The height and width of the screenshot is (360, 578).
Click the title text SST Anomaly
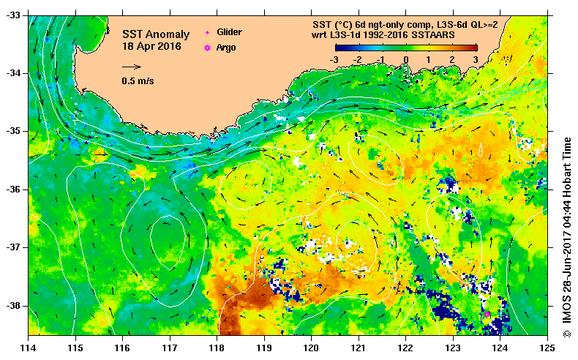[155, 34]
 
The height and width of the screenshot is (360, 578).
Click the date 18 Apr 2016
[153, 47]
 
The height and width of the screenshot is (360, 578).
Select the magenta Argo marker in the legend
[207, 48]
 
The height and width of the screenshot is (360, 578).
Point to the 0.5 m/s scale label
[138, 81]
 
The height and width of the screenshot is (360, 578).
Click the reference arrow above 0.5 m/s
[132, 67]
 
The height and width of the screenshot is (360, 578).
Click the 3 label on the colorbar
[475, 59]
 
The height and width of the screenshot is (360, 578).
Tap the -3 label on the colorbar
[334, 59]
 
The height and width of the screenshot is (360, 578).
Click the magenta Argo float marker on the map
[487, 314]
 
